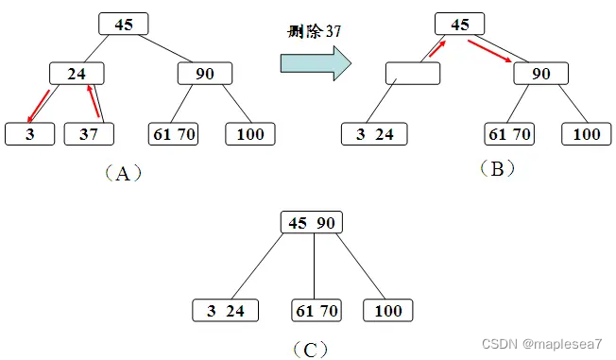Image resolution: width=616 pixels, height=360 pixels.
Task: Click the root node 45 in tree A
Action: point(124,25)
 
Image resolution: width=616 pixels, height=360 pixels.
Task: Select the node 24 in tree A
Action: point(77,74)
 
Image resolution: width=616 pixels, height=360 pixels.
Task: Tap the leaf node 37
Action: point(89,134)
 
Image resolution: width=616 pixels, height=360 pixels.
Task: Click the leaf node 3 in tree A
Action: point(29,134)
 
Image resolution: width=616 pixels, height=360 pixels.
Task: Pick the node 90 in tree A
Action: point(204,74)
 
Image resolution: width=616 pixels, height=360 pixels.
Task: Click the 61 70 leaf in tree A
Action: point(175,134)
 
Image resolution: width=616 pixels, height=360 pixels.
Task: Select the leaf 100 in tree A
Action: point(250,134)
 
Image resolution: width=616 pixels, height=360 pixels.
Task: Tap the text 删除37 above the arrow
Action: point(316,30)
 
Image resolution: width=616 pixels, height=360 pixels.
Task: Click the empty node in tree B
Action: point(413,73)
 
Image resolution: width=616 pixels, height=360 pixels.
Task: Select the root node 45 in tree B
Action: point(460,25)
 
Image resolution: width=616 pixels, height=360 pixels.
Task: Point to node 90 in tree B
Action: point(541,74)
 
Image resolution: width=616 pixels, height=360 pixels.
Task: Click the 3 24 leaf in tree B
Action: point(374,134)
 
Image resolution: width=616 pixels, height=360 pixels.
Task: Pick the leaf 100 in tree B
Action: point(587,134)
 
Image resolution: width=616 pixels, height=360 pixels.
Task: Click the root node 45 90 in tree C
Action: point(312,222)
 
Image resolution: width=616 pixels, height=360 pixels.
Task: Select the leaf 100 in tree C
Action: point(387,311)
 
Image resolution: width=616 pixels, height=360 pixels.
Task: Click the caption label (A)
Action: point(120,173)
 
